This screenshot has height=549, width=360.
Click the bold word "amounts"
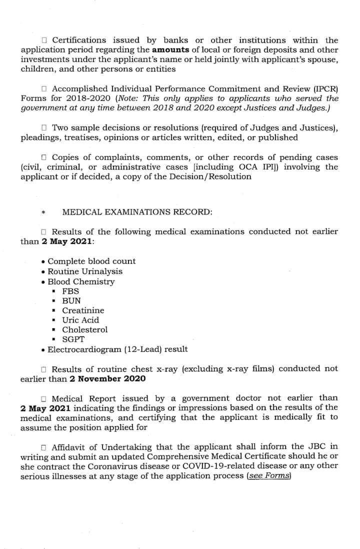click(170, 50)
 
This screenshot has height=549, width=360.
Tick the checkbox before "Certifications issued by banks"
click(44, 40)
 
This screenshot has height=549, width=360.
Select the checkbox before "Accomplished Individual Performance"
click(44, 88)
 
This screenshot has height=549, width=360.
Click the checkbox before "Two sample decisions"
click(44, 128)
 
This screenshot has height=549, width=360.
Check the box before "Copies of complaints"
click(44, 157)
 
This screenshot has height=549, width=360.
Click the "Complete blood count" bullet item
click(91, 261)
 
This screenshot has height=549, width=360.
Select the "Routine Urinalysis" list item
click(85, 271)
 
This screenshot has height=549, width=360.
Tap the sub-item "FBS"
click(70, 291)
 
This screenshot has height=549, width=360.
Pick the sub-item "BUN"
click(71, 301)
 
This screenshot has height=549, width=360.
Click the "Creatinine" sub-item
click(83, 310)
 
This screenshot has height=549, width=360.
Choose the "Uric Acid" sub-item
click(80, 320)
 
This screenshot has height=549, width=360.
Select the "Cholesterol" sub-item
click(84, 329)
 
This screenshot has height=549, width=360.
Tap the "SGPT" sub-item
click(73, 339)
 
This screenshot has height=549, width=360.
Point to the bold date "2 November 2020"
click(107, 378)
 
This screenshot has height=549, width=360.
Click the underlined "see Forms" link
click(269, 475)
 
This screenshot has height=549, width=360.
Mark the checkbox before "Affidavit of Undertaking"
click(44, 446)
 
